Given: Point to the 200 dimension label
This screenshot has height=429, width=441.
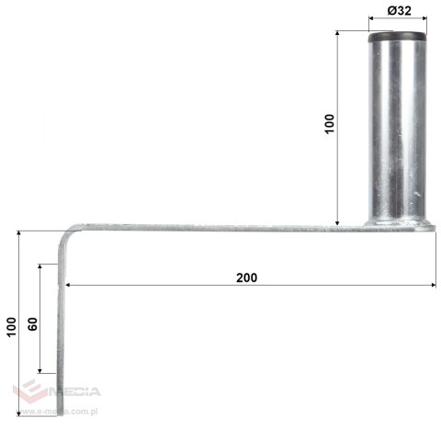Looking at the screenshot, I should click(245, 277).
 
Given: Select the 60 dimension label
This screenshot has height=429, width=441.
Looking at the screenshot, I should click(33, 326).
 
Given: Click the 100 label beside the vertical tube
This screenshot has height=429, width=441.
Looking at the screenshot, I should click(331, 125).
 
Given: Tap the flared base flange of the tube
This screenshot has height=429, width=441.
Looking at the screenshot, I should click(398, 221).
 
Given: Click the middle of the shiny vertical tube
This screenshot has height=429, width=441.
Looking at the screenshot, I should click(398, 129).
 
